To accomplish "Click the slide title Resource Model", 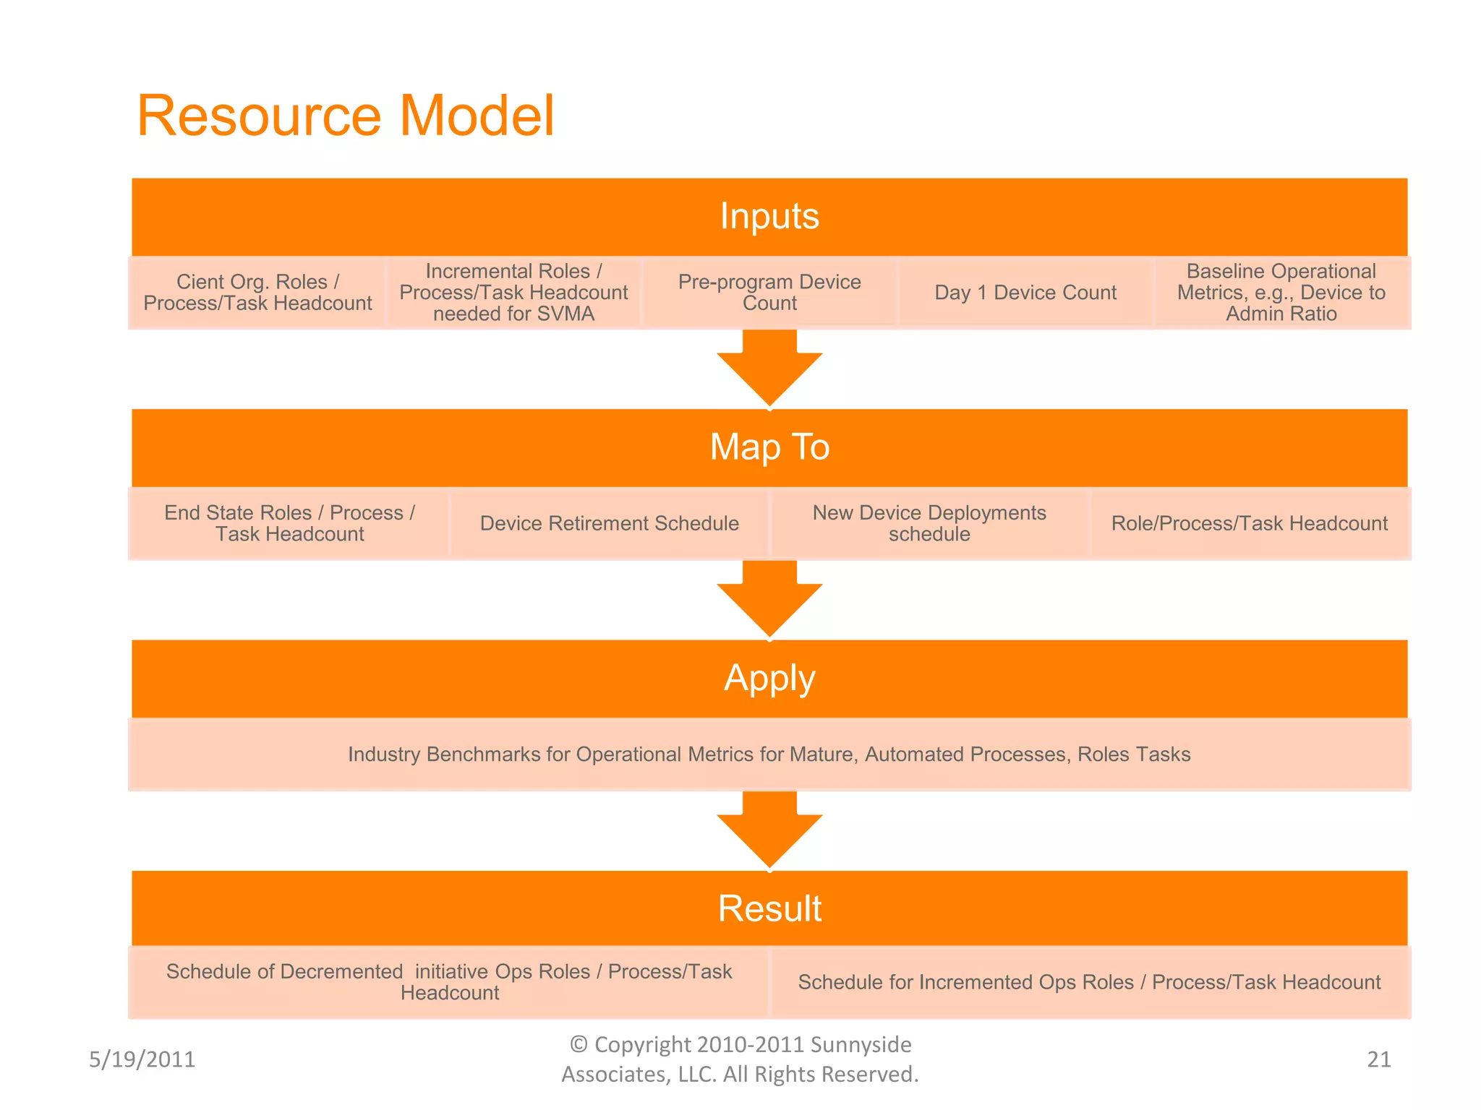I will point(346,116).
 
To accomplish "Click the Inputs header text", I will point(769,216).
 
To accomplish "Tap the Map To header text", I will point(769,447).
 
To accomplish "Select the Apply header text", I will point(769,678).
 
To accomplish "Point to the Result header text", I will point(769,908).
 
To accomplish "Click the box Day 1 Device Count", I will point(1025,293).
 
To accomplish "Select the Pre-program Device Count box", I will point(769,293).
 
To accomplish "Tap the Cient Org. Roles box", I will point(257,293).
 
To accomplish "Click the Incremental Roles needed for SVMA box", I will point(513,293).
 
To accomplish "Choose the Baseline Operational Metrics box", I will point(1281,293).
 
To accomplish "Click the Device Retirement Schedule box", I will point(609,523).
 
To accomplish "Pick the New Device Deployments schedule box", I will point(929,523).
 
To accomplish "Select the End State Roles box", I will point(289,523).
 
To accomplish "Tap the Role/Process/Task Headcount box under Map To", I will point(1249,523).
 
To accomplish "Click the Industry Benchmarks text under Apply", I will point(769,754).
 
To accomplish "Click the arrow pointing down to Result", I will point(769,831).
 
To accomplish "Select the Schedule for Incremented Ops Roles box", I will point(1089,983).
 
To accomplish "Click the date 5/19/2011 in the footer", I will point(142,1059).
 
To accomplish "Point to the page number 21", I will point(1378,1059).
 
